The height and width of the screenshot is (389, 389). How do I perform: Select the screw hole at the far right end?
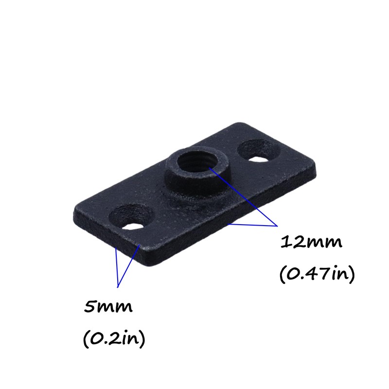tap(259, 151)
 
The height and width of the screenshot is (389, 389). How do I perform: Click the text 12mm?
tap(311, 242)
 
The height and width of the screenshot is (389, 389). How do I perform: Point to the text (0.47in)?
tap(318, 274)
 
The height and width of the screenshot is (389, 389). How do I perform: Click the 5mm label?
tap(108, 306)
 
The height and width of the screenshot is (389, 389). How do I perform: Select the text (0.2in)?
tap(114, 338)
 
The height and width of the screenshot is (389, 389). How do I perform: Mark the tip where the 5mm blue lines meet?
tap(118, 287)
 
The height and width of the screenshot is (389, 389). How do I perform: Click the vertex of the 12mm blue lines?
tap(277, 226)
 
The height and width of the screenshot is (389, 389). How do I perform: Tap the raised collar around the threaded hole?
tap(196, 174)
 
